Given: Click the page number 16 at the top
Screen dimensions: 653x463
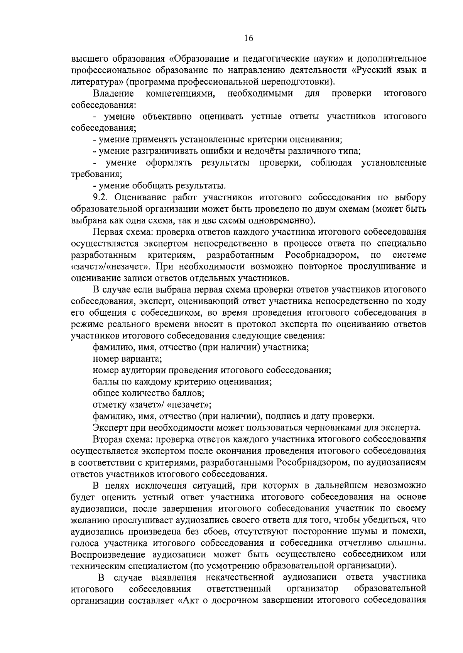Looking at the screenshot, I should [248, 38].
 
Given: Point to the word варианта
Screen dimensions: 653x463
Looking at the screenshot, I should [142, 359].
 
